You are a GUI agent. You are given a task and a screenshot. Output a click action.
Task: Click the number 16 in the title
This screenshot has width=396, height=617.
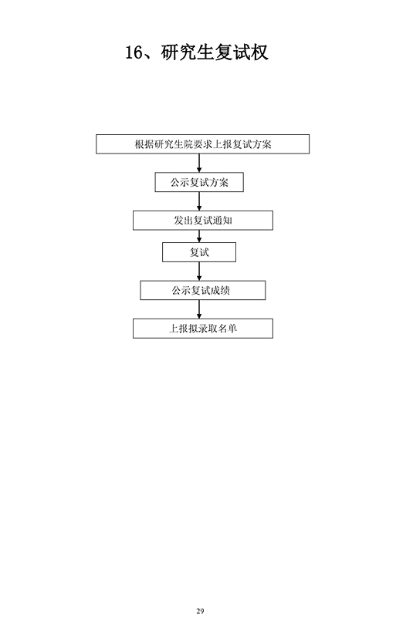[x=134, y=52]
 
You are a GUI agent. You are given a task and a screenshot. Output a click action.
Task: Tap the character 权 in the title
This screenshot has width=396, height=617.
[x=259, y=52]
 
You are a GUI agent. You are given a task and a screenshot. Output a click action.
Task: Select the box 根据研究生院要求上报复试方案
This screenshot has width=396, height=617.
[x=202, y=144]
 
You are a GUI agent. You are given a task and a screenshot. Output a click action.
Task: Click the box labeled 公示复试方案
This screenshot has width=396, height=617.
[x=199, y=182]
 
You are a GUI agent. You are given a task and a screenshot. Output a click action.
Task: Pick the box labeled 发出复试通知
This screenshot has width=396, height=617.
[x=202, y=221]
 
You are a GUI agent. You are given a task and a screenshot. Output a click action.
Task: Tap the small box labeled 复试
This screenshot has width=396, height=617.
[x=199, y=252]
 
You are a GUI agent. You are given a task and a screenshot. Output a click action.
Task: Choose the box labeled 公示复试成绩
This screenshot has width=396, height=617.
[x=202, y=291]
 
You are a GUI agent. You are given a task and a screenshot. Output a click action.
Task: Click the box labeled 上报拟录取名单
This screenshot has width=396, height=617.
[x=202, y=329]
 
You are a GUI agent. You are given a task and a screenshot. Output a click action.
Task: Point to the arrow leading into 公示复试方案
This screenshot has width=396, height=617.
[x=199, y=163]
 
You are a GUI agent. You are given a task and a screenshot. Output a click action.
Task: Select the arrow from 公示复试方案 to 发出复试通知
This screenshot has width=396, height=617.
[x=199, y=201]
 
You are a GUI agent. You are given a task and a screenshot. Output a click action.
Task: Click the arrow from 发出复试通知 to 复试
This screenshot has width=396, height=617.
[x=199, y=236]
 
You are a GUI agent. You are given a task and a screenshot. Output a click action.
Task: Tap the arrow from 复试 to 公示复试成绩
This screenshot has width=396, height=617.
[x=199, y=271]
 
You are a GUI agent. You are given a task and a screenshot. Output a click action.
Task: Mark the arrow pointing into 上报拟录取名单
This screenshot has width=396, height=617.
[x=199, y=309]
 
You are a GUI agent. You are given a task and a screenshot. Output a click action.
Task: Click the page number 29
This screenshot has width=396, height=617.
[x=200, y=611]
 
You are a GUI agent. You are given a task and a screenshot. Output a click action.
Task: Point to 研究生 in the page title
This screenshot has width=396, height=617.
[x=188, y=52]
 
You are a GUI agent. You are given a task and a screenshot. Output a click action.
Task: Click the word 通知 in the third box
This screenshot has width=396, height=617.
[x=222, y=221]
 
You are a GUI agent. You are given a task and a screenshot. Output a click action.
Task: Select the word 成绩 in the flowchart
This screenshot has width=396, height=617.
[x=220, y=291]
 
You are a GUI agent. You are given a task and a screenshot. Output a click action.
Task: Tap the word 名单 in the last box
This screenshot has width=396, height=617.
[x=228, y=329]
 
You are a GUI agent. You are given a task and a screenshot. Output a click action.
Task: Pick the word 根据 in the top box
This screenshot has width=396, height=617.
[x=144, y=144]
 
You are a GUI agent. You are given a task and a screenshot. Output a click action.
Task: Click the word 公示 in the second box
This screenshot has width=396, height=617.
[x=180, y=182]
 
